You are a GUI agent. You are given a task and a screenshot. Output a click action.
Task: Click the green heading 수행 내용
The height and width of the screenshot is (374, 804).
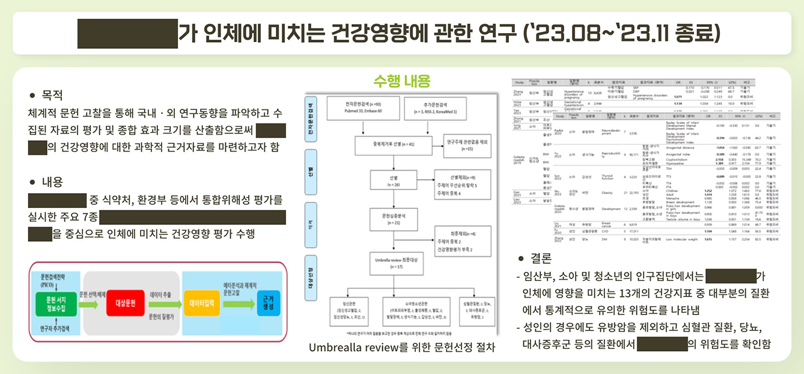pyautogui.click(x=401, y=81)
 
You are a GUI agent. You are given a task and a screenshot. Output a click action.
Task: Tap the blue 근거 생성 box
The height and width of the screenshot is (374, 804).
pyautogui.click(x=266, y=302)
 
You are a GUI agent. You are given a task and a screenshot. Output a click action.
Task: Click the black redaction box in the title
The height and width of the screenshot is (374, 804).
pyautogui.click(x=127, y=34)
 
